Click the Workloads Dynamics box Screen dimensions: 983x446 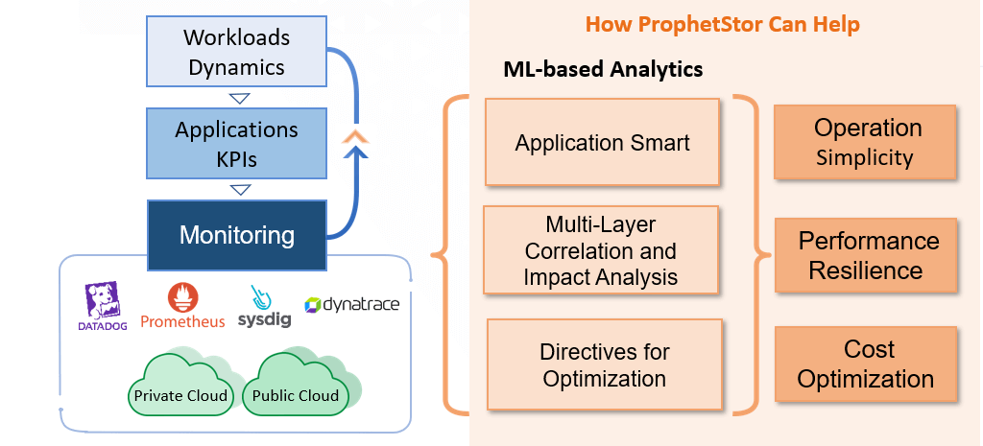pyautogui.click(x=236, y=52)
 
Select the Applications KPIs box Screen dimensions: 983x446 pyautogui.click(x=236, y=144)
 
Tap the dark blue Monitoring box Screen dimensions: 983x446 pyautogui.click(x=236, y=236)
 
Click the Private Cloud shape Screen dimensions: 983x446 pyautogui.click(x=180, y=386)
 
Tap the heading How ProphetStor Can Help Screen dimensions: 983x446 pyautogui.click(x=722, y=24)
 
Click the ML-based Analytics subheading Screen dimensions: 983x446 pyautogui.click(x=603, y=69)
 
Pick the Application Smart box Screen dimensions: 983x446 pyautogui.click(x=602, y=142)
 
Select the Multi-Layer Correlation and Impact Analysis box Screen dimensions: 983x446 pyautogui.click(x=601, y=250)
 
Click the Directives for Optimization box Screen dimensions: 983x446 pyautogui.click(x=605, y=364)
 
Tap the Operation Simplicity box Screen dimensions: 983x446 pyautogui.click(x=865, y=142)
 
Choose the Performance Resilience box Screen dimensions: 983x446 pyautogui.click(x=866, y=255)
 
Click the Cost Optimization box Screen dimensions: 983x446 pyautogui.click(x=866, y=364)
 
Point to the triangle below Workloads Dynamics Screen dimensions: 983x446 pyautogui.click(x=239, y=99)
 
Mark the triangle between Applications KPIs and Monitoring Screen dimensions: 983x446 pyautogui.click(x=240, y=189)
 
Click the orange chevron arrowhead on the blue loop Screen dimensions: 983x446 pyautogui.click(x=355, y=136)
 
